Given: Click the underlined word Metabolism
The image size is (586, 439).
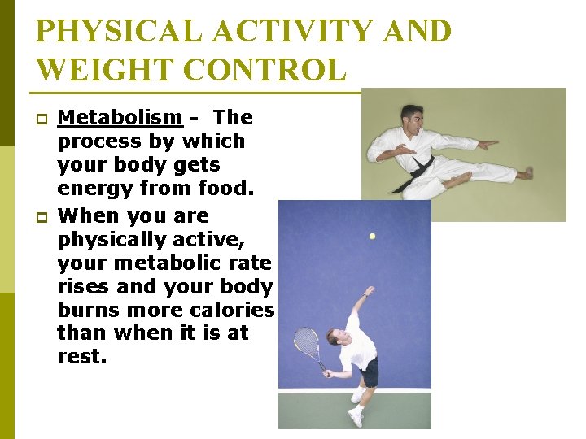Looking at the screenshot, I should tap(120, 118).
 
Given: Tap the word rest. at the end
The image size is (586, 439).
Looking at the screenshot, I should tap(81, 357).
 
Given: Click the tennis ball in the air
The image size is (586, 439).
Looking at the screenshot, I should tap(372, 237).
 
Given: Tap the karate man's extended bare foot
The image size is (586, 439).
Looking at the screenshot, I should tap(525, 173).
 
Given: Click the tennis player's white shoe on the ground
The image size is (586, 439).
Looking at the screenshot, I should tap(356, 417).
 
